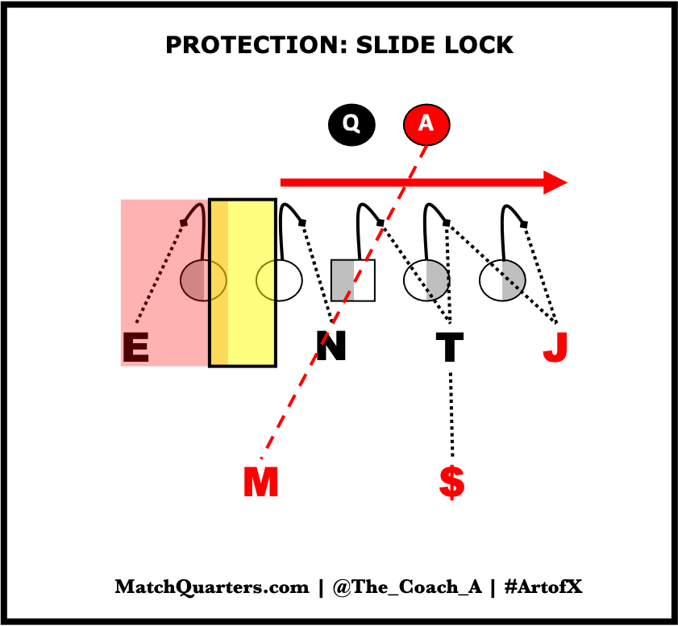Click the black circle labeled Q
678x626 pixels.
click(351, 124)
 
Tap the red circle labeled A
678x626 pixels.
click(426, 124)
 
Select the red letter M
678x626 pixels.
click(260, 483)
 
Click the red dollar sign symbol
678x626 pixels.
click(451, 482)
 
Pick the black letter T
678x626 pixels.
click(449, 348)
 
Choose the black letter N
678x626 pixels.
click(331, 347)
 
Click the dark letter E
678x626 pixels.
click(135, 348)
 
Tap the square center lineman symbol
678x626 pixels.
click(353, 280)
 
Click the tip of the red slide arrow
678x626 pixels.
click(564, 182)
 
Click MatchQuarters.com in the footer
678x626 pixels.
click(212, 587)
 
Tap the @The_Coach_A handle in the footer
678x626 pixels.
click(406, 587)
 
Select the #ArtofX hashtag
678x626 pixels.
click(543, 587)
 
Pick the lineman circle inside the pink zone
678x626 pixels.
click(202, 280)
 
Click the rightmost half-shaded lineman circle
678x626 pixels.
click(502, 280)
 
